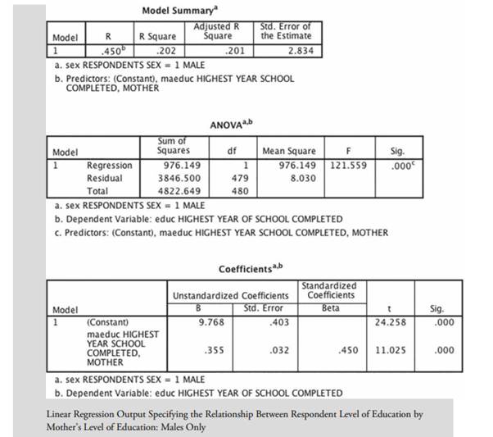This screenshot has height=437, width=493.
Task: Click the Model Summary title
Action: [x=176, y=11]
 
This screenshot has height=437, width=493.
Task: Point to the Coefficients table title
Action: [x=250, y=269]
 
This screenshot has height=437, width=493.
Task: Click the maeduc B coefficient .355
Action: [x=215, y=348]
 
